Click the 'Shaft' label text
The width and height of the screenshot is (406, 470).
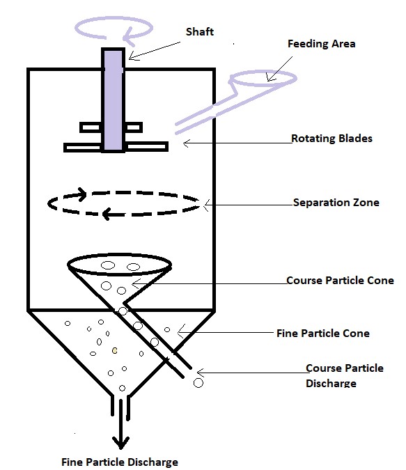point(200,32)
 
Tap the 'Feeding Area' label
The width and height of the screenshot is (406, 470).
point(322,44)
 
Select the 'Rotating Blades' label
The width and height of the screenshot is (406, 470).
point(332,139)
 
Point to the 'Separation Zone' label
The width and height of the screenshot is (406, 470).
point(336,203)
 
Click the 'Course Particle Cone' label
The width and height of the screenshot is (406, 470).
point(340,281)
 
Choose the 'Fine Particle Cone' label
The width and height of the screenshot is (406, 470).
point(323,334)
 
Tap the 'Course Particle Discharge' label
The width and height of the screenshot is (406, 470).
point(345,375)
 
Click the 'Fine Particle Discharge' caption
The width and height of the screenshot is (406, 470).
point(120,462)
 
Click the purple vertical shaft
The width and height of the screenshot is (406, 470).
point(114,100)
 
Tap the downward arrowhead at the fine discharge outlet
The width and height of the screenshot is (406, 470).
point(120,443)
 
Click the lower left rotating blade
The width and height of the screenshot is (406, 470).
point(82,147)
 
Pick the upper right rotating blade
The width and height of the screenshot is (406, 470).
point(134,127)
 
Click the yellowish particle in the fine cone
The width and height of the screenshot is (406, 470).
point(114,350)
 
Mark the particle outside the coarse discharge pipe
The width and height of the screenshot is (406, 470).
point(198,383)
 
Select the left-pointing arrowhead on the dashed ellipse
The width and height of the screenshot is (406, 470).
point(106,214)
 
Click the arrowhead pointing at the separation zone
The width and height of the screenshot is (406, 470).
point(206,205)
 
